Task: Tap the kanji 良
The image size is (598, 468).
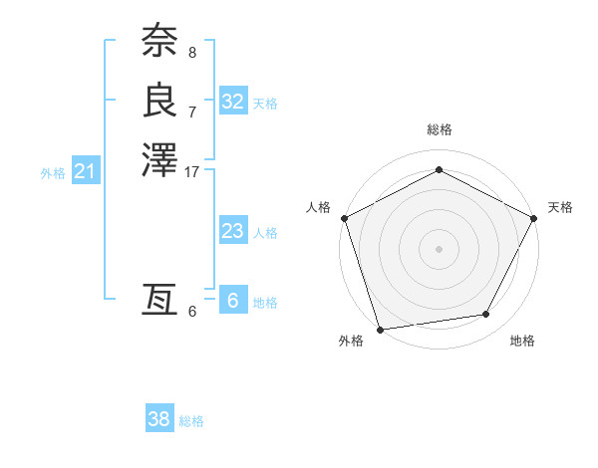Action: (159, 101)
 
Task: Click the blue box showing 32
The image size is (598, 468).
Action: (232, 102)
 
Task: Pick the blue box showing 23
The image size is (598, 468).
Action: (232, 231)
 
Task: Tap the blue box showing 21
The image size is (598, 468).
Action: (86, 171)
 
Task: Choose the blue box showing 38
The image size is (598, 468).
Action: (158, 419)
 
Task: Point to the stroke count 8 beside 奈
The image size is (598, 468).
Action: (191, 52)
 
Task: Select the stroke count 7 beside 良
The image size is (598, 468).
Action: (191, 112)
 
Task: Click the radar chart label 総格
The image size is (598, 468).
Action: (439, 129)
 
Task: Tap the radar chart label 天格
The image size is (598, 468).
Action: (560, 207)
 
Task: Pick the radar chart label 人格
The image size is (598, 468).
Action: (318, 207)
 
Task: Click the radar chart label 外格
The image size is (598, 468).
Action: (351, 342)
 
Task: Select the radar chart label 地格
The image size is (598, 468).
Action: (522, 342)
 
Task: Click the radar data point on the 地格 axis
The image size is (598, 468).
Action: (486, 315)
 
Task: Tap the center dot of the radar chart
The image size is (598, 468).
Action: (439, 248)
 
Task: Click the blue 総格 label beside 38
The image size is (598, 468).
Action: (191, 421)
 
